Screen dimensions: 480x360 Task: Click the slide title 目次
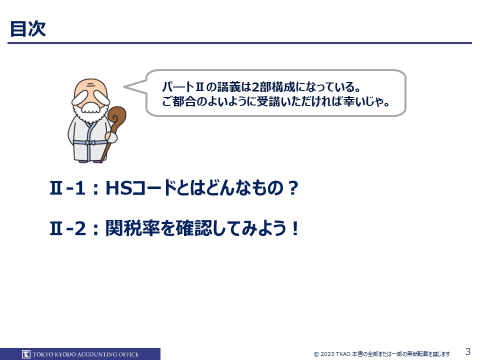click(28, 29)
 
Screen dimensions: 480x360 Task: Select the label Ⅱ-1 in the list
click(67, 188)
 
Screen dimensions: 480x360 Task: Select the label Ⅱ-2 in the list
click(67, 228)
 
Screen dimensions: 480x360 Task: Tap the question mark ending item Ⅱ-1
click(293, 188)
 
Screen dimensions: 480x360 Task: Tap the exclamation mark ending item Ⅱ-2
click(295, 228)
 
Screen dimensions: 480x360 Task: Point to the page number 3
click(468, 351)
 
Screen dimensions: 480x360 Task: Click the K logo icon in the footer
click(26, 354)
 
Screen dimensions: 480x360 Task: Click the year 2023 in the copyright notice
click(327, 354)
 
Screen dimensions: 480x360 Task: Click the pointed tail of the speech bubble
click(124, 86)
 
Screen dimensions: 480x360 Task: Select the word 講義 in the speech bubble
click(229, 87)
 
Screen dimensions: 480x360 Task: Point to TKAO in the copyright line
click(343, 354)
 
